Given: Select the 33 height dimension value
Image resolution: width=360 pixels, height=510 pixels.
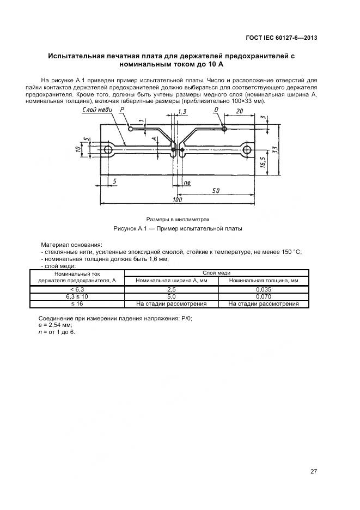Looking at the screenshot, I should click(x=275, y=149).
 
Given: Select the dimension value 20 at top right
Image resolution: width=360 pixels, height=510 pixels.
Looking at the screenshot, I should click(x=240, y=112).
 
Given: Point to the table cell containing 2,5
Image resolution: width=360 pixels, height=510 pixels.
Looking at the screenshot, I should click(x=171, y=289).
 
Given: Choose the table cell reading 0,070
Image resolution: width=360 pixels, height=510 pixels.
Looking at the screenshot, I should click(x=264, y=296).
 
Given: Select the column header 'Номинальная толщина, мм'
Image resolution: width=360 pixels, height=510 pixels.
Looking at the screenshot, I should click(x=264, y=281).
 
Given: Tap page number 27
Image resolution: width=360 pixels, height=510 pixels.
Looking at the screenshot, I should click(x=313, y=471).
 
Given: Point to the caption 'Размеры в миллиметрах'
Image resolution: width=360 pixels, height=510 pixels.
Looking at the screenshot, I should click(x=177, y=219).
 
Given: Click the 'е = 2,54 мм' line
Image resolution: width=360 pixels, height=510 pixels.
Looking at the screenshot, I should click(x=55, y=325).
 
